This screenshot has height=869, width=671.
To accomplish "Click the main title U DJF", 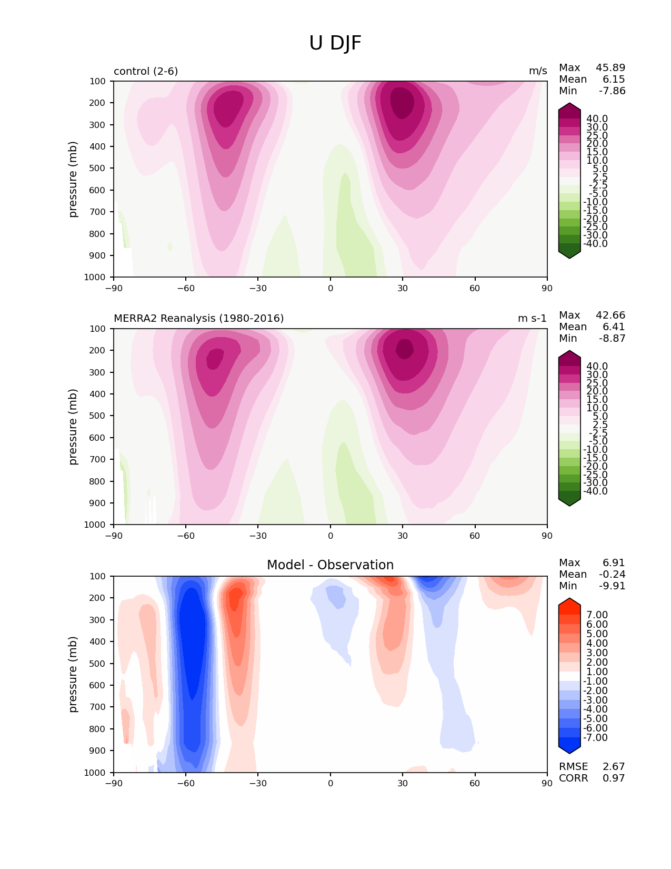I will click(335, 43).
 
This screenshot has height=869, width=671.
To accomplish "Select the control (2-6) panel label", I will click(146, 71).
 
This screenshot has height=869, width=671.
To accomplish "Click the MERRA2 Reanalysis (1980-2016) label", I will click(198, 318).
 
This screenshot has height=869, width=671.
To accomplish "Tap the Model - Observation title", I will click(330, 565).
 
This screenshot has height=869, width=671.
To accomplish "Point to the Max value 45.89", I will click(610, 68).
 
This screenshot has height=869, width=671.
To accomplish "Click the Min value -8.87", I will click(612, 339).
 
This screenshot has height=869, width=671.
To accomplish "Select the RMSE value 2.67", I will click(614, 767).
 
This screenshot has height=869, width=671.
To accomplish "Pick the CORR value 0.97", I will click(614, 778).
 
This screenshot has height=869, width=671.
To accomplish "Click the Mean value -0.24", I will click(612, 575).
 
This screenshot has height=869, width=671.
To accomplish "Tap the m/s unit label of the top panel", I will click(538, 71).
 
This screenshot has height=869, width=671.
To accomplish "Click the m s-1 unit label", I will click(532, 318).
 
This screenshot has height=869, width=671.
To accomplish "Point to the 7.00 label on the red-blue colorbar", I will click(597, 615).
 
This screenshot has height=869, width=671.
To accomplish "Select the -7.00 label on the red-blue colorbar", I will click(595, 738).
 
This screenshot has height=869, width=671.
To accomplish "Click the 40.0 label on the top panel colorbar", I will click(597, 119).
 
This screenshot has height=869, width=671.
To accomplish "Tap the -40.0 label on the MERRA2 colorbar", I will click(595, 491).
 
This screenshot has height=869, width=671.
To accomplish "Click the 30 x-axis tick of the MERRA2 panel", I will click(403, 536).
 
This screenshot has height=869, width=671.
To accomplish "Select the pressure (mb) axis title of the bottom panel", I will click(73, 674).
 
